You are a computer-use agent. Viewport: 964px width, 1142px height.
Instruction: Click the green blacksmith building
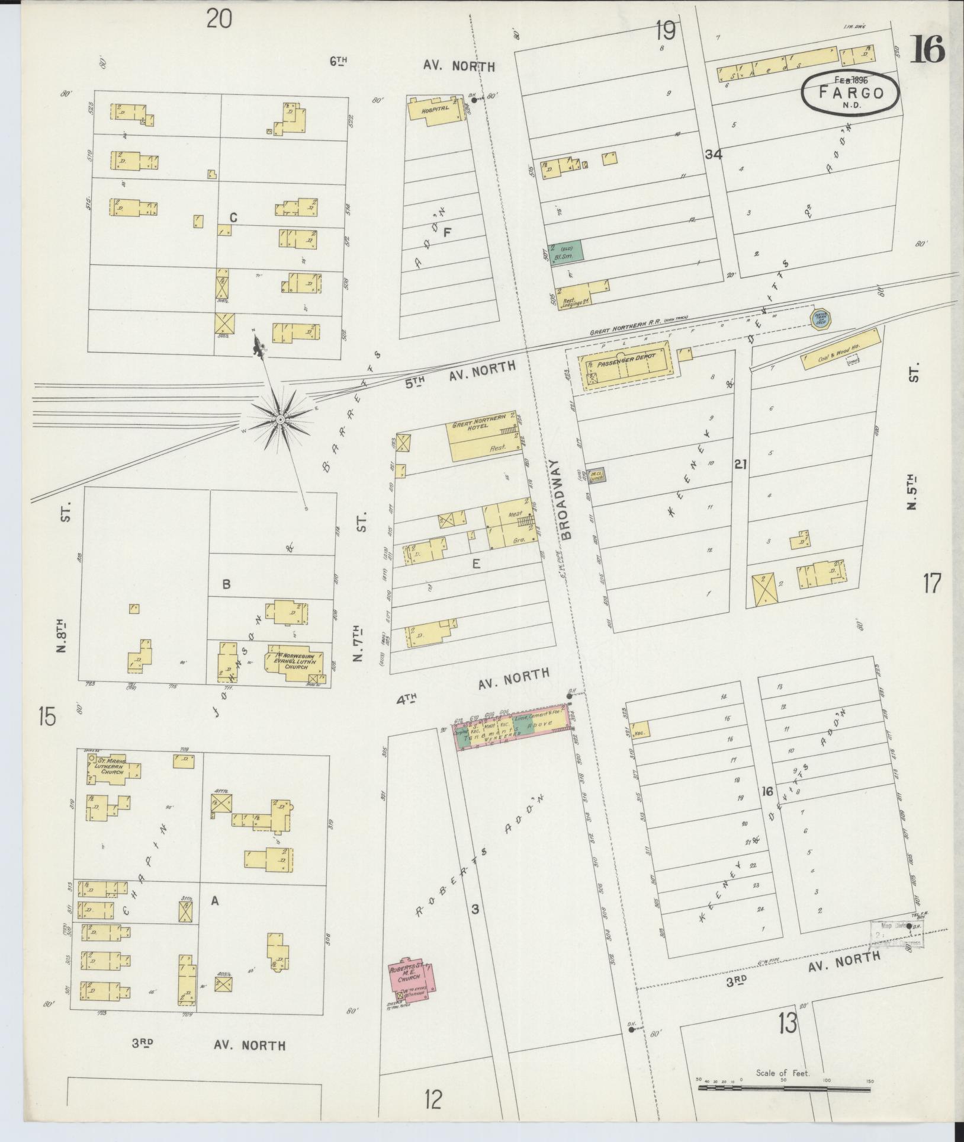pos(567,252)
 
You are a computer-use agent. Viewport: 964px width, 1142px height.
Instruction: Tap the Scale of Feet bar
pos(784,1088)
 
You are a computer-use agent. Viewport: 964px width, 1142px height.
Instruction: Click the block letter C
pos(233,219)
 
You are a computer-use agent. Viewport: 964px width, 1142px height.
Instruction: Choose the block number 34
pos(713,155)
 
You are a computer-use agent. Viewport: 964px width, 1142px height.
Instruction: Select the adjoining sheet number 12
pos(433,1101)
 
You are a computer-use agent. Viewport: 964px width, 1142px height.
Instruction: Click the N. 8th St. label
pos(63,635)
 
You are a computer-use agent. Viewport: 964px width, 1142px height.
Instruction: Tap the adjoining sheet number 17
pos(931,584)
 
